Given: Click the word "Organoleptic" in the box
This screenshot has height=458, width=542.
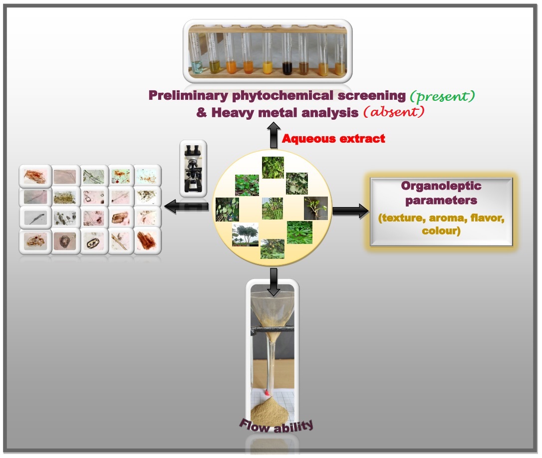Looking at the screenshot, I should (x=441, y=186).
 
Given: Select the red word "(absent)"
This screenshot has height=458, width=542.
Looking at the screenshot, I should (x=394, y=112).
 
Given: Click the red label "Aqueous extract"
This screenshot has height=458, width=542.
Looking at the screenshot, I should (x=333, y=139).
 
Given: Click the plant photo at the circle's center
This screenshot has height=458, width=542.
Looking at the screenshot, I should (x=272, y=208).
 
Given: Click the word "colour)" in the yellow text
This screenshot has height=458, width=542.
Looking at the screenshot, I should (x=441, y=231).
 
